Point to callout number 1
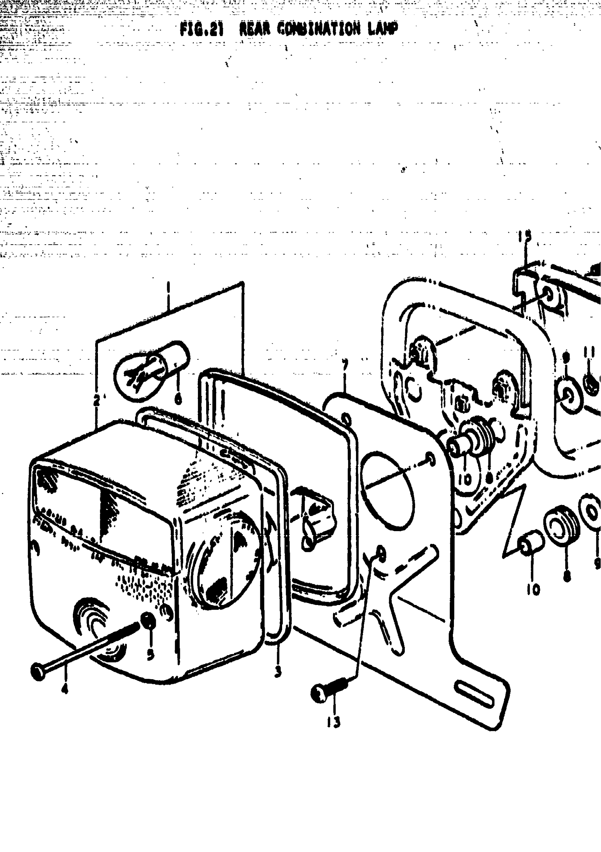168,287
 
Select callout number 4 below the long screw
65,689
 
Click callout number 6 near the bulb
178,399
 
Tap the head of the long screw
38,671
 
